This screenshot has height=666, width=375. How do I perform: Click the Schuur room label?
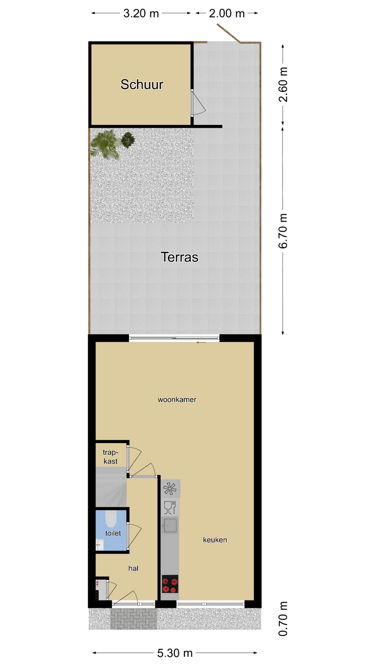coord(142,84)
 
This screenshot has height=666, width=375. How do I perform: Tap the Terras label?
coord(180,257)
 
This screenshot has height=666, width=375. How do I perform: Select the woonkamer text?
coord(177,400)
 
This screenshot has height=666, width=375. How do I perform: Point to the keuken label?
coord(215,540)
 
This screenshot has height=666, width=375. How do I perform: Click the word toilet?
coord(113,533)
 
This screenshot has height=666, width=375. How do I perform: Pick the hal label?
coord(133,568)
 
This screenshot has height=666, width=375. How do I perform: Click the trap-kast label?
coord(110,457)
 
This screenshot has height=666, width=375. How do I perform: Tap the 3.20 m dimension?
coord(141,13)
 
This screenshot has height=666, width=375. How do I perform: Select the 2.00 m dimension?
coord(227,13)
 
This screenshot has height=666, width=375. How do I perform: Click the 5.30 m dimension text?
coord(175,653)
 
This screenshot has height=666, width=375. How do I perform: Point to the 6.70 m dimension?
coord(283,231)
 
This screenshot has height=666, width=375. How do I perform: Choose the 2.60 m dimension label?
coord(283,84)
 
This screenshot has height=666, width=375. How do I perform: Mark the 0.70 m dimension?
coord(283,619)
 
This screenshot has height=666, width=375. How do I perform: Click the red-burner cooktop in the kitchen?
coord(170,584)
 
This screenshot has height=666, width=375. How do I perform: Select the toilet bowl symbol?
coord(111,518)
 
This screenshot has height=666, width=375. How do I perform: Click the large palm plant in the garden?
coord(106,144)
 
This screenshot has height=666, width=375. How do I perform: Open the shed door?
coord(198,103)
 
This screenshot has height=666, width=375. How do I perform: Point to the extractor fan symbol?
coord(170,489)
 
